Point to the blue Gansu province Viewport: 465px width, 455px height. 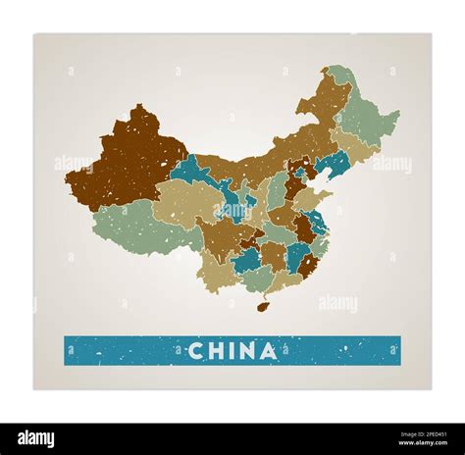(x=196, y=173)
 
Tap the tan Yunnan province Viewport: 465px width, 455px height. (x=218, y=273)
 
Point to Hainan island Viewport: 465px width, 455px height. (x=262, y=306)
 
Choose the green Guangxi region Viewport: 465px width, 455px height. (x=258, y=279)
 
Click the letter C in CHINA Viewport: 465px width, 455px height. (x=195, y=351)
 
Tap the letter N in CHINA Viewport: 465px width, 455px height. (x=246, y=351)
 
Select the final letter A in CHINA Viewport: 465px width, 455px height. (x=269, y=351)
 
